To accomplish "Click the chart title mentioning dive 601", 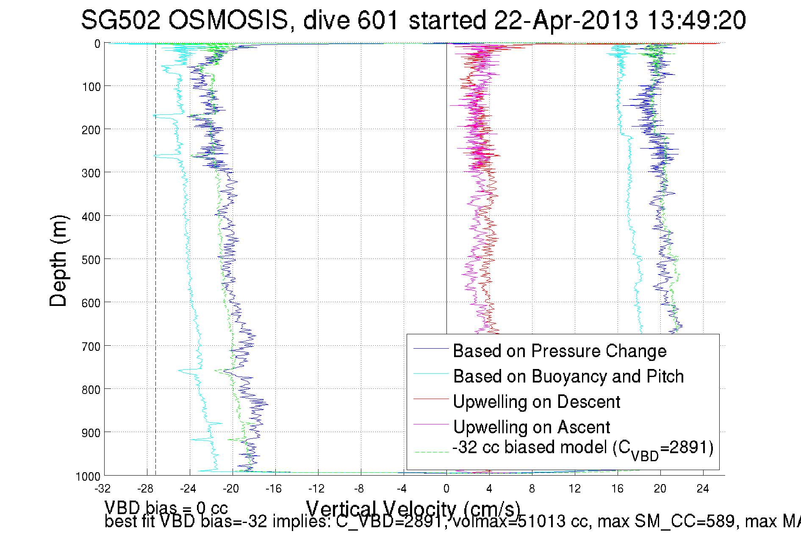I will (413, 20).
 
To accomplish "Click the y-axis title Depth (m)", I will (58, 261).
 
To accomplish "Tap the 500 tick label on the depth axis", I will (91, 259).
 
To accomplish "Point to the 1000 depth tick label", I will (89, 476).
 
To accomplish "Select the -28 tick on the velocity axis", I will (145, 489).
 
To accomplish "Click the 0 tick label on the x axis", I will (446, 489).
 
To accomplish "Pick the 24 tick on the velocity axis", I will (703, 489).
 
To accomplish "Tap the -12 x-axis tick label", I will (316, 489).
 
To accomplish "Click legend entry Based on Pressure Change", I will (560, 351).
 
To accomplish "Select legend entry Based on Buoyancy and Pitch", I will (568, 376).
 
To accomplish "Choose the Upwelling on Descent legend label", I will (536, 402).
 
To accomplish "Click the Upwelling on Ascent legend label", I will (532, 427).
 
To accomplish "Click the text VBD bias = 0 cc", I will (166, 508).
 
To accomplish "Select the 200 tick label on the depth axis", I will (91, 129).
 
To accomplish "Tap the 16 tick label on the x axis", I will (617, 489).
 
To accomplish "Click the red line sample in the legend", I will (431, 399).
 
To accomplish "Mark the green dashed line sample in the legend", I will (431, 452).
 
